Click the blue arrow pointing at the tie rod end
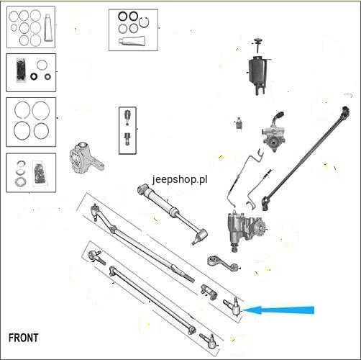point(278,310)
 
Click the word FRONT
point(23,338)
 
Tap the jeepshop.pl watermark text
point(180,179)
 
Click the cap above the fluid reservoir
point(258,40)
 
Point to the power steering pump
point(273,134)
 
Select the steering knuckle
point(84,158)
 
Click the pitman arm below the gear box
point(223,264)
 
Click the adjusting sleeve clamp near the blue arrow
point(209,292)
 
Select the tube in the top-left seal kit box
point(48,27)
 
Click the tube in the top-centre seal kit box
point(132,41)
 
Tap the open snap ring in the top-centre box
point(144,23)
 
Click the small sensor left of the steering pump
point(238,123)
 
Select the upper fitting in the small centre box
point(127,117)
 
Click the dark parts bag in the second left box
point(21,69)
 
